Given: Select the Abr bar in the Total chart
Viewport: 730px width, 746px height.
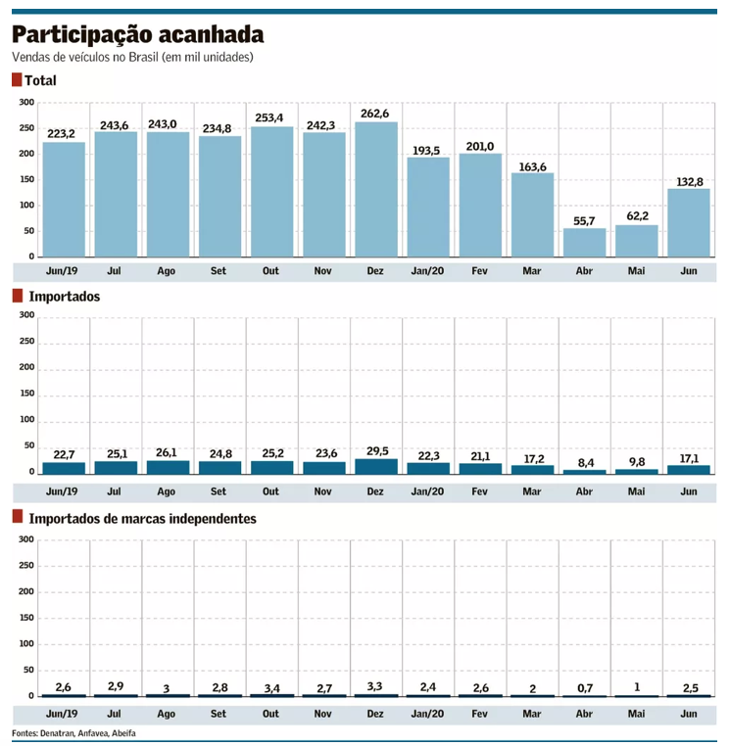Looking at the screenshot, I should coord(584,242).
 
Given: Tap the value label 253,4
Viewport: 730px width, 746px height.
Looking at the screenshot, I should coord(271,117).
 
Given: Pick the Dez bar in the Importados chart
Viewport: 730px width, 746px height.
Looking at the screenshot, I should coord(376,466).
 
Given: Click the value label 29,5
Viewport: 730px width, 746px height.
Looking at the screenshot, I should coord(376,450).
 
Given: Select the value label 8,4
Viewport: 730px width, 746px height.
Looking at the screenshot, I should coord(584,461).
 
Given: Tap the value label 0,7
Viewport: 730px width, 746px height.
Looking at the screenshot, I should coord(584,687).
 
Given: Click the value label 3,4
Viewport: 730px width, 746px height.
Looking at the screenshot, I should coord(271,687).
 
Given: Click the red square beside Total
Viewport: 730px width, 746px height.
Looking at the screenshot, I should coord(17,80).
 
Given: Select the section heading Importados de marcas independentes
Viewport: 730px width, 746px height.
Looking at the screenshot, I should coord(142,518).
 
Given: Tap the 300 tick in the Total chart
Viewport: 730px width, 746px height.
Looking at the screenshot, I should coord(26,103).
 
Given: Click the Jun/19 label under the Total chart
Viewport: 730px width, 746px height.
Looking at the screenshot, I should coord(63,270).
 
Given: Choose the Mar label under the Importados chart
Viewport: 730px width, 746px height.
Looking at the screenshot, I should coord(532,490).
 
